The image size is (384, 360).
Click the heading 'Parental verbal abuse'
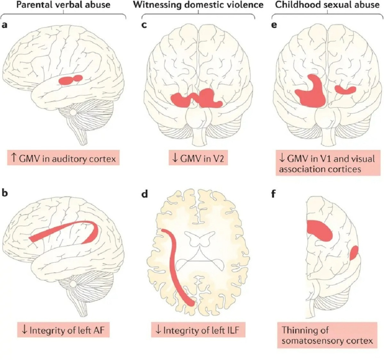point(62,5)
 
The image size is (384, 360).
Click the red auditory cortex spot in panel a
point(71,80)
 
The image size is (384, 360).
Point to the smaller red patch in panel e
point(345,89)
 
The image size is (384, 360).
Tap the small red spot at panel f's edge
point(354,253)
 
